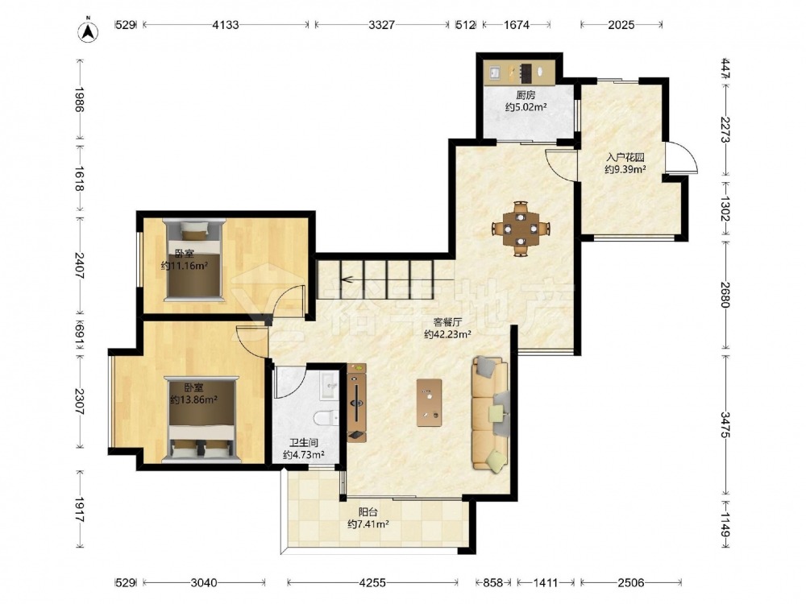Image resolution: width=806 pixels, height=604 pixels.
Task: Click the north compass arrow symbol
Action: click(89, 31)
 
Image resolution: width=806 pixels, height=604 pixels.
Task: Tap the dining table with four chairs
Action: click(521, 229)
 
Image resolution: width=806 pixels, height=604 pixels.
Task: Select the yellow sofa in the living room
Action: click(491, 414)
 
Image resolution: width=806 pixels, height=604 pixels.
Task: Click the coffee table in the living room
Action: click(430, 403)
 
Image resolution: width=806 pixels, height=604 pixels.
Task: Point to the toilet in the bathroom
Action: click(326, 418)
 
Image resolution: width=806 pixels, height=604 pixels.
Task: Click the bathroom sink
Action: click(330, 386)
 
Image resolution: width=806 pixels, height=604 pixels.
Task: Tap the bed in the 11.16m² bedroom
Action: click(194, 260)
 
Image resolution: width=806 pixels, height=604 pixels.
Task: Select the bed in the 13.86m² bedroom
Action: click(201, 420)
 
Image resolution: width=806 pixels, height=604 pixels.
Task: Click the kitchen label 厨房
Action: click(526, 95)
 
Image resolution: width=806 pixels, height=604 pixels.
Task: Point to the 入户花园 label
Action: click(625, 158)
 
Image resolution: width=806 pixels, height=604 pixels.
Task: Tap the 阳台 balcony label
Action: click(368, 512)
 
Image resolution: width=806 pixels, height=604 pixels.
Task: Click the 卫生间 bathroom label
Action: click(303, 443)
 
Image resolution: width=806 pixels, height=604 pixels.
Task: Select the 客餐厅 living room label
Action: click(447, 323)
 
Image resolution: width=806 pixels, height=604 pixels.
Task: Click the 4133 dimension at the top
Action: click(226, 25)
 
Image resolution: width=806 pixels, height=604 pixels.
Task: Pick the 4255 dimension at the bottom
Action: click(372, 582)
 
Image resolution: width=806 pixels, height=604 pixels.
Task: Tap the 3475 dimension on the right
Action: click(725, 424)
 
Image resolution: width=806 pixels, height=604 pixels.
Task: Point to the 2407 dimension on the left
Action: click(80, 265)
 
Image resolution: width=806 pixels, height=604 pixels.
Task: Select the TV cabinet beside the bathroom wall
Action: click(357, 403)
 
